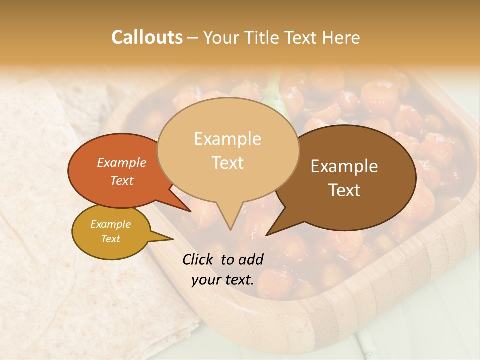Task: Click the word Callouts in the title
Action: [x=147, y=37]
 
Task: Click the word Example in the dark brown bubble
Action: [x=344, y=166]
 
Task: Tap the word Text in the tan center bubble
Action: [x=228, y=163]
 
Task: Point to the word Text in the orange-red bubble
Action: [x=121, y=180]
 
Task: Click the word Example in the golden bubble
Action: [x=110, y=224]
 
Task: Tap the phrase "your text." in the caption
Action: [x=222, y=280]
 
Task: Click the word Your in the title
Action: [x=218, y=37]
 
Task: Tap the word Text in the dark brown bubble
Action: [x=345, y=190]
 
